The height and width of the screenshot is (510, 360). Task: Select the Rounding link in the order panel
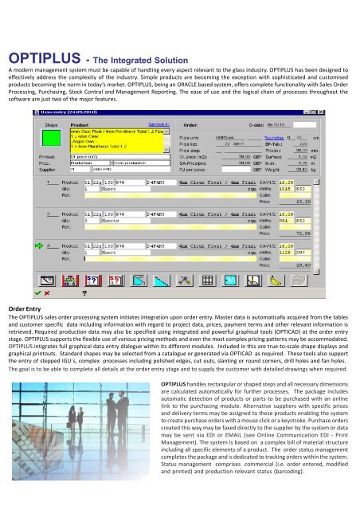click(278, 136)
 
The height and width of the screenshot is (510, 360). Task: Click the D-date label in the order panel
click(277, 124)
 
